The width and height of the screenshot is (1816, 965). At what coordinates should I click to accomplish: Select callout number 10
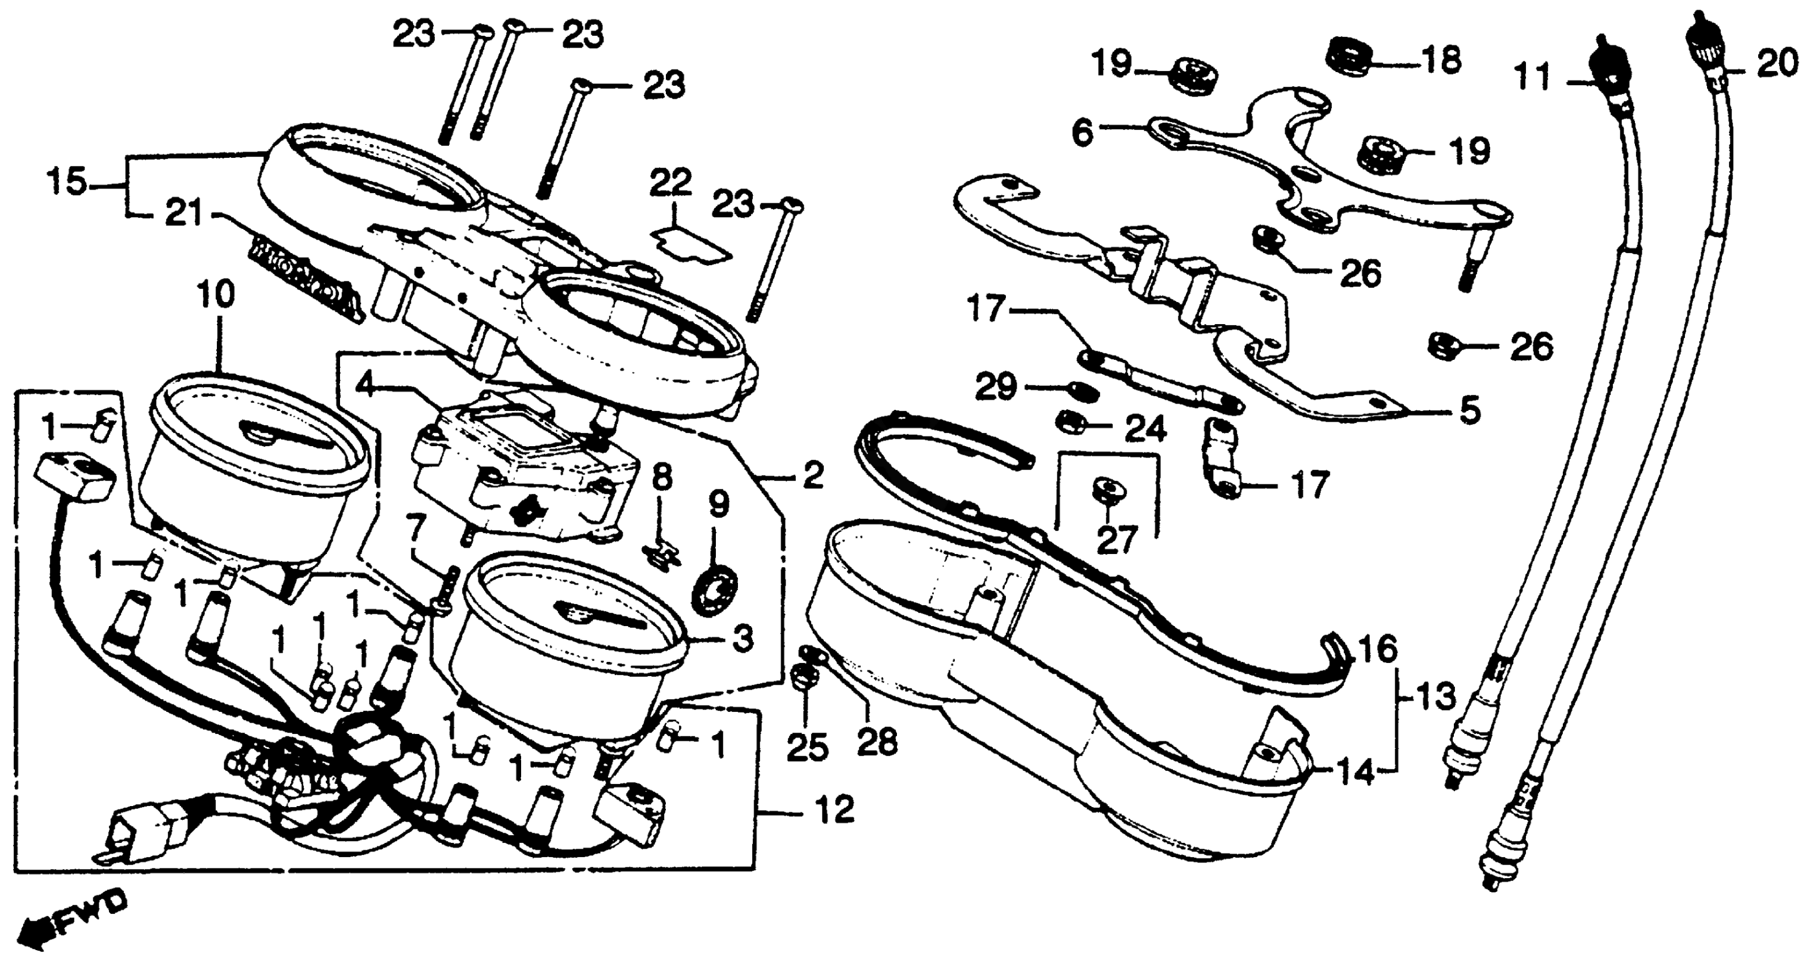215,297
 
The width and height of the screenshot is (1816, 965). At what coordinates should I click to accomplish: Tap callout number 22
670,184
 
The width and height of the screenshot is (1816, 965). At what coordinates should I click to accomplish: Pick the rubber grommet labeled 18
1349,55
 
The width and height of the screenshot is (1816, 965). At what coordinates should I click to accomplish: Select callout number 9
718,505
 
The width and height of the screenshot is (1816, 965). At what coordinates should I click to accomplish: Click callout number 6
1083,132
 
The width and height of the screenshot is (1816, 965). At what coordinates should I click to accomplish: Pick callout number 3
743,639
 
